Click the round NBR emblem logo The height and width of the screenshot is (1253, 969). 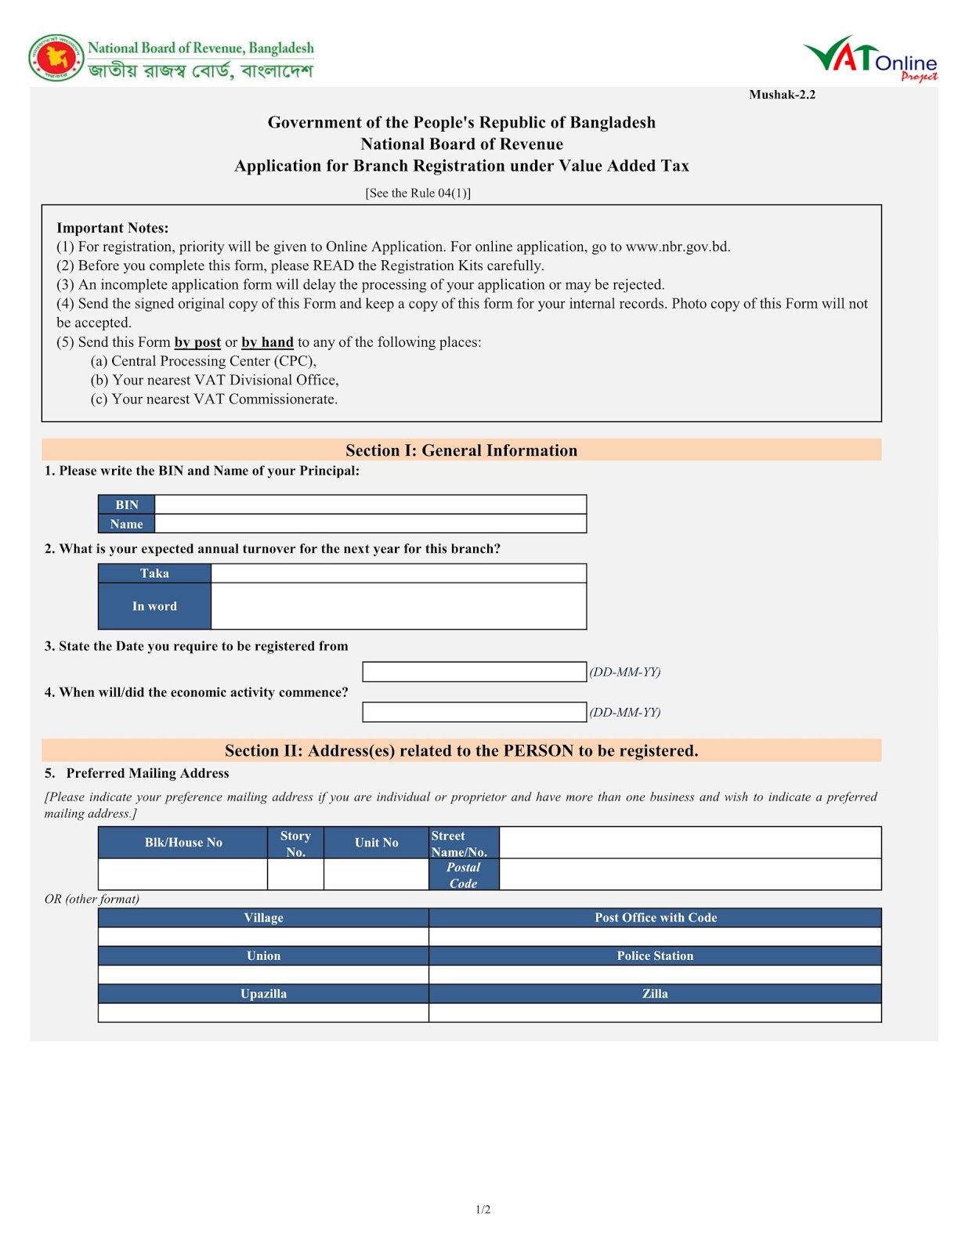coord(56,58)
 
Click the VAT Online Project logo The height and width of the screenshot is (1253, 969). coord(870,59)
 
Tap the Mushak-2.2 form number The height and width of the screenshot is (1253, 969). coord(782,95)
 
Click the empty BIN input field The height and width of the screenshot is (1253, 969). coord(370,504)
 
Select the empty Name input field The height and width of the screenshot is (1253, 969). coord(370,524)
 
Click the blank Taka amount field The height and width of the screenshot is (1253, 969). coord(398,573)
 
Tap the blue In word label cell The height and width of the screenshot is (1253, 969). coord(154,606)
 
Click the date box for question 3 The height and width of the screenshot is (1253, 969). coord(474,672)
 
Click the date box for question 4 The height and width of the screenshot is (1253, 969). coord(474,712)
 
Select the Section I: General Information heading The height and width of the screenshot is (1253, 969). coord(461,450)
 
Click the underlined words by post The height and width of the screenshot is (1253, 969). coord(197,342)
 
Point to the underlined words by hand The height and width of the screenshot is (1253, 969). coord(267,342)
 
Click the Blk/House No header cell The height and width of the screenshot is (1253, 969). coord(183,843)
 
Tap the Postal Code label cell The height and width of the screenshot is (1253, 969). coord(463,875)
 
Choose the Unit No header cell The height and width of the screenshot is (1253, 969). coord(376,843)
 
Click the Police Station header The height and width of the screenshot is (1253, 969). coord(655,955)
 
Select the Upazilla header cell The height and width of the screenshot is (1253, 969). coord(263,994)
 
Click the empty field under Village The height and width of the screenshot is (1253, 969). coord(263,937)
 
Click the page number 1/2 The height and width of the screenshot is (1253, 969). coord(483,1210)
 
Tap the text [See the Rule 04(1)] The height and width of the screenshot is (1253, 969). coord(418,193)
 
